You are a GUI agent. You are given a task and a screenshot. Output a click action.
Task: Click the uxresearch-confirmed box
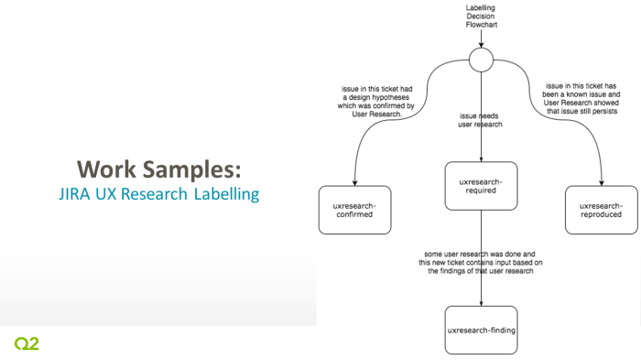click(x=354, y=210)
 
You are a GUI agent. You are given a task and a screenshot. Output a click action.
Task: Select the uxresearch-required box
click(x=481, y=187)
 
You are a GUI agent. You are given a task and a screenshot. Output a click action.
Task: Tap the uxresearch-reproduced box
click(x=601, y=210)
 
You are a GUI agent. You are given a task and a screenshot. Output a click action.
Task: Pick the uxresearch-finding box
click(x=481, y=329)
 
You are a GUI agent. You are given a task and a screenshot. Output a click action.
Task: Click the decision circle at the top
click(x=481, y=61)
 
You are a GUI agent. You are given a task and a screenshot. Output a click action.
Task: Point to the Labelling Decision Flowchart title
click(x=481, y=17)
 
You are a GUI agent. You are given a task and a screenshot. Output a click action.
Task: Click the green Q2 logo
click(x=27, y=344)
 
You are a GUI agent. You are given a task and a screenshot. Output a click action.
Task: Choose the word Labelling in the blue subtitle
click(x=226, y=194)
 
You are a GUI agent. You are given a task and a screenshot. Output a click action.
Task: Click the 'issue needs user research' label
click(x=481, y=124)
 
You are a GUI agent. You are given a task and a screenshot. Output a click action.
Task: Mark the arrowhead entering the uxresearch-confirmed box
click(x=354, y=182)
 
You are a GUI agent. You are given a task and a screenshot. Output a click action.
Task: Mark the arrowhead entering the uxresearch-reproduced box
click(x=601, y=182)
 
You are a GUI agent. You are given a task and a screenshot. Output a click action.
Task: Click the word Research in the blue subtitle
click(x=157, y=194)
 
